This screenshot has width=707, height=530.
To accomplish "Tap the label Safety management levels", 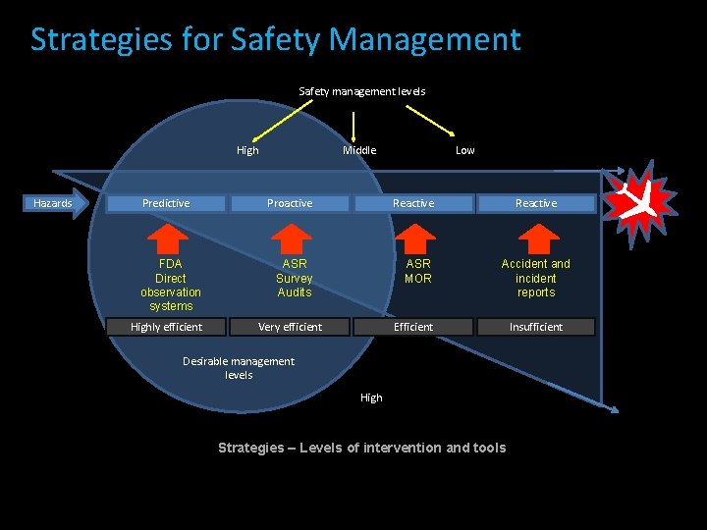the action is pyautogui.click(x=361, y=91).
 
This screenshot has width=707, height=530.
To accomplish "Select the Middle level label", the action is pyautogui.click(x=359, y=150).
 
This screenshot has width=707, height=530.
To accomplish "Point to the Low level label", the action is pyautogui.click(x=464, y=150).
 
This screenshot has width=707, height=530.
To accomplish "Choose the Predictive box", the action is pyautogui.click(x=166, y=203).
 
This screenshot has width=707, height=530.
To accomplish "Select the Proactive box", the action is pyautogui.click(x=290, y=203).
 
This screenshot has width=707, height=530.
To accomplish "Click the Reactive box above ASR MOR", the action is pyautogui.click(x=413, y=203).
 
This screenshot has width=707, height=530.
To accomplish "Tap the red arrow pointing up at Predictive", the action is pyautogui.click(x=170, y=238).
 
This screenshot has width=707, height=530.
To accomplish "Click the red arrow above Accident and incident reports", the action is pyautogui.click(x=536, y=238).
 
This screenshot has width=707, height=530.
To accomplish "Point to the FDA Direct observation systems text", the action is pyautogui.click(x=171, y=285).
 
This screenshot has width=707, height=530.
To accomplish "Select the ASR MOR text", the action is pyautogui.click(x=418, y=271).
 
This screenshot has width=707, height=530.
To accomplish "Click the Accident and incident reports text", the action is pyautogui.click(x=536, y=278).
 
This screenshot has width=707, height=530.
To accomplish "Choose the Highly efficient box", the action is pyautogui.click(x=166, y=327).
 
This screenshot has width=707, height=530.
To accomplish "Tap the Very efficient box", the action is pyautogui.click(x=290, y=327).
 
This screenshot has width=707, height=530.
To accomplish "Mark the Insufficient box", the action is pyautogui.click(x=536, y=327).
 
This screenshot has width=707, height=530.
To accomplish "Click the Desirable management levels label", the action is pyautogui.click(x=239, y=368).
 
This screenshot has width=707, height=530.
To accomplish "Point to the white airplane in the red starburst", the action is pyautogui.click(x=639, y=203).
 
